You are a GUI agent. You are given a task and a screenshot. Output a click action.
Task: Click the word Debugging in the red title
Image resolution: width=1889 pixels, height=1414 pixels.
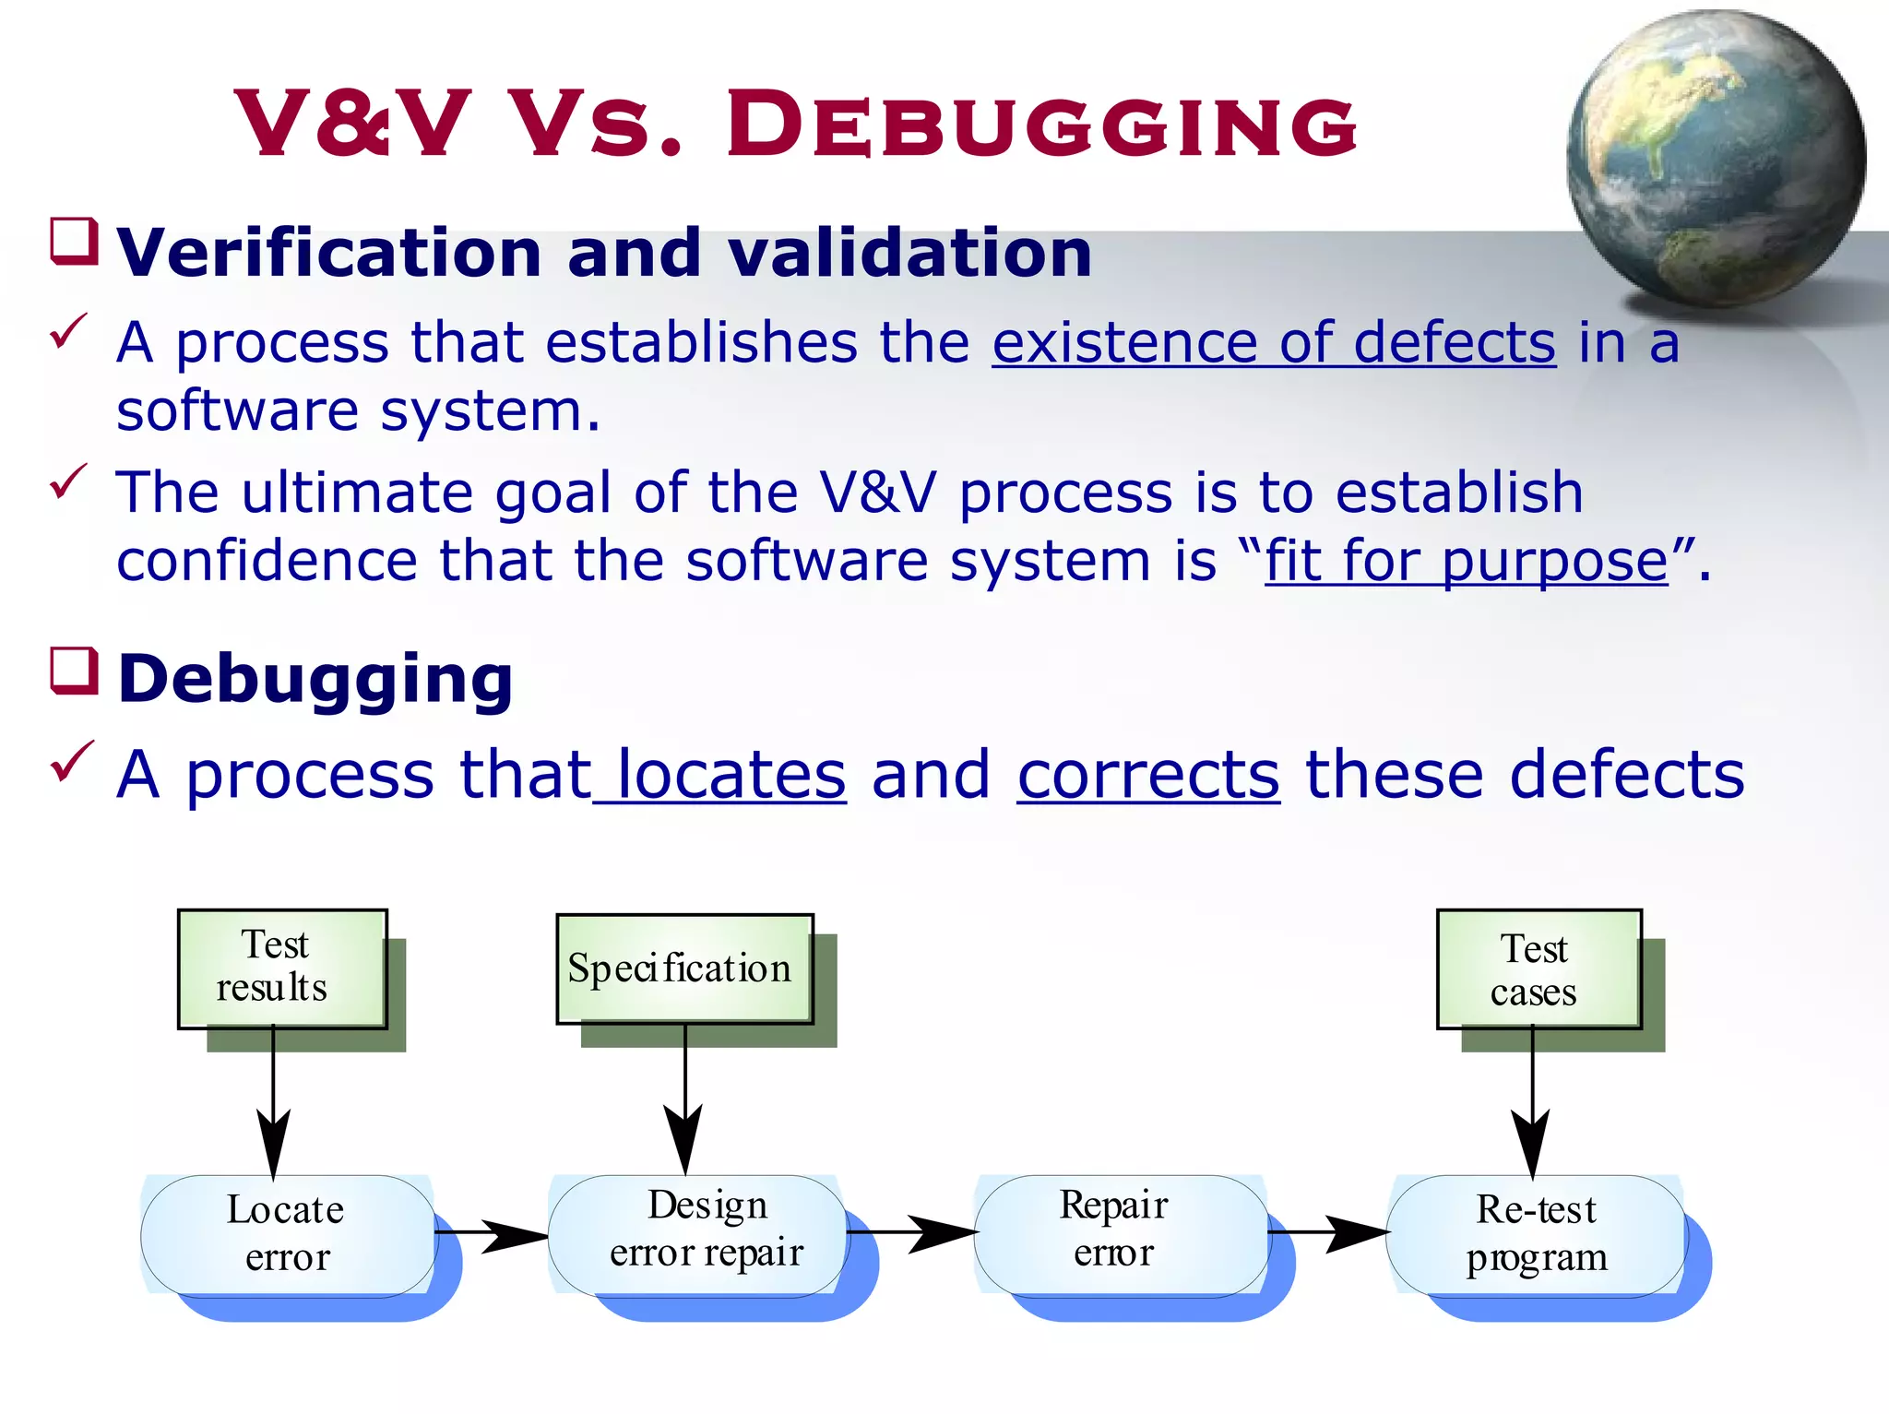point(1042,125)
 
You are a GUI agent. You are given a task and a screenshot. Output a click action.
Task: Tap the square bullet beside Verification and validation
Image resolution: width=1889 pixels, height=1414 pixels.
point(74,242)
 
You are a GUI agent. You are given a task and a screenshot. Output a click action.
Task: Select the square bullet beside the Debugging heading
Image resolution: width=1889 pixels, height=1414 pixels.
point(74,671)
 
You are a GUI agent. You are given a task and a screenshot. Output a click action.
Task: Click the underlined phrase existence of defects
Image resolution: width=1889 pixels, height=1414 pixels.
point(1274,342)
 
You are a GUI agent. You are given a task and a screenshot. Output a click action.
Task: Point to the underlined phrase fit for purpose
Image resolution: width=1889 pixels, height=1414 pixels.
point(1466,561)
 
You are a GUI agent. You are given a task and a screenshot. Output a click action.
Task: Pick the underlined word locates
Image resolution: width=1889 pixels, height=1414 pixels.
point(729,774)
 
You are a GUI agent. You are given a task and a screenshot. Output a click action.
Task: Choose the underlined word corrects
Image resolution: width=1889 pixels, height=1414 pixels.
point(1148,774)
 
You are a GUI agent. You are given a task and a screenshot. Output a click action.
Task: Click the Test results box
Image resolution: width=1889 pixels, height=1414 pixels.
point(281,968)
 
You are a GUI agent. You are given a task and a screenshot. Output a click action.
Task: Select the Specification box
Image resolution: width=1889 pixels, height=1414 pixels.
point(683,968)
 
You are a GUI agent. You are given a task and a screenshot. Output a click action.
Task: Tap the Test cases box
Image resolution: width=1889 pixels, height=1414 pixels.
point(1538,968)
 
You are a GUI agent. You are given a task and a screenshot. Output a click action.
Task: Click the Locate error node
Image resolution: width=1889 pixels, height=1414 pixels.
point(287,1234)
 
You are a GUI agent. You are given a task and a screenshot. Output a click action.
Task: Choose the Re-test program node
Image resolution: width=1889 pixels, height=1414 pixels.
point(1536,1234)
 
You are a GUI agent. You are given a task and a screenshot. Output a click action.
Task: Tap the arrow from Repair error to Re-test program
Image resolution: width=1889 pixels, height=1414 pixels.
point(1328,1232)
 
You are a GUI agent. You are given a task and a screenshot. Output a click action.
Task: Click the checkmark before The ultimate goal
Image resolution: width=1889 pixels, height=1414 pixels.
point(68,481)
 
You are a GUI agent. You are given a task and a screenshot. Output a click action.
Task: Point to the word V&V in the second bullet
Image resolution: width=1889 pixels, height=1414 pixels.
point(877,493)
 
